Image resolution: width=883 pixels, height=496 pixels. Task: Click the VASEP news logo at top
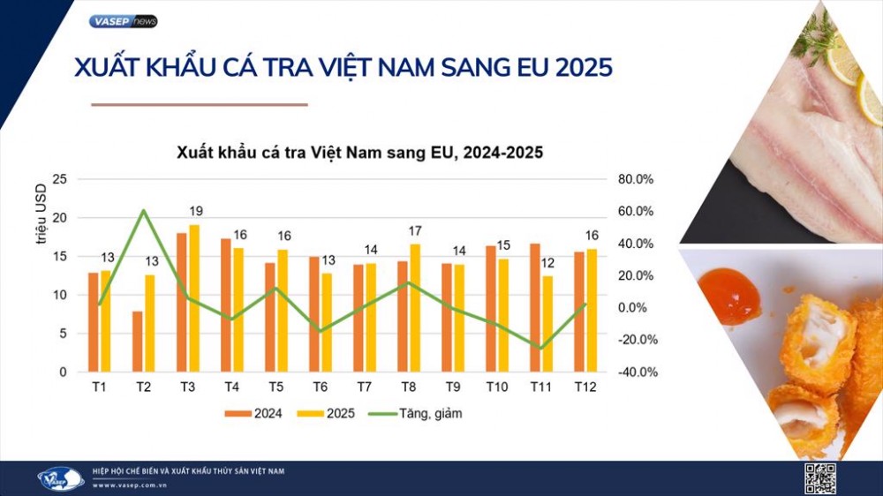tap(124, 21)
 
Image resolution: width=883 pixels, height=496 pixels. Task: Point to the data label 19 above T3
tap(196, 211)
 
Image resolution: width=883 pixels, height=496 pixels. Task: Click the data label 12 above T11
tap(547, 262)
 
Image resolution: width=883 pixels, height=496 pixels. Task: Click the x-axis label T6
tap(321, 387)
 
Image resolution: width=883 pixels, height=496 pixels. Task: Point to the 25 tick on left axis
tap(60, 179)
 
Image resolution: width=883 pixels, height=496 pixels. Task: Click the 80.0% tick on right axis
tap(635, 179)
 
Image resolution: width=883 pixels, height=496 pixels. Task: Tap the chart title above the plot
tap(358, 152)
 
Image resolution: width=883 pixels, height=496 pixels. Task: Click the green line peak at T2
tap(143, 210)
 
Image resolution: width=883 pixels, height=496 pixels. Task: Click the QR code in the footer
tap(819, 477)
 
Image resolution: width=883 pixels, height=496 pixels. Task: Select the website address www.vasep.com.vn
tap(132, 485)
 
